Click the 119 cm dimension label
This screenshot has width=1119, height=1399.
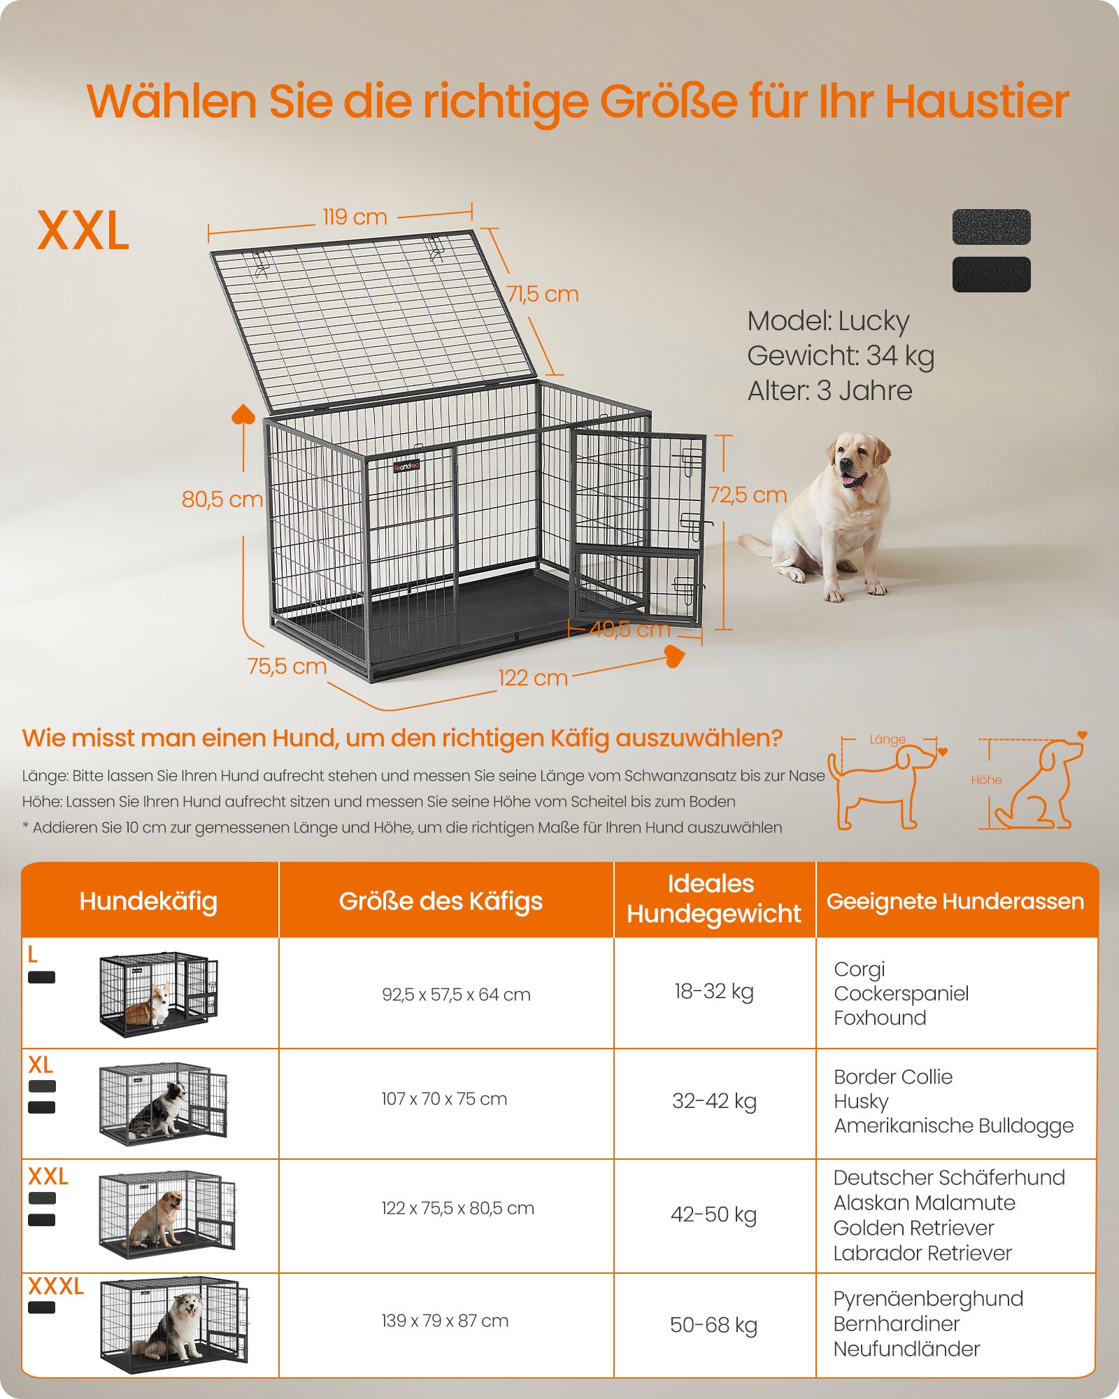click(x=355, y=217)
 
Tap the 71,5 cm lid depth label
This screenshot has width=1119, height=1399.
click(x=543, y=294)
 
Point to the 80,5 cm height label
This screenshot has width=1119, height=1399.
click(x=222, y=499)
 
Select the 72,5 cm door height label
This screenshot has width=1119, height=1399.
click(x=748, y=495)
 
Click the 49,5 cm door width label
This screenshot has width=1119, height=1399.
click(x=630, y=630)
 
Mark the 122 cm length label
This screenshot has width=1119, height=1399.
click(x=533, y=678)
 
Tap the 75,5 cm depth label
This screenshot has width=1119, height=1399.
click(x=287, y=667)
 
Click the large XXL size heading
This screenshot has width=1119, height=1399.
click(x=83, y=231)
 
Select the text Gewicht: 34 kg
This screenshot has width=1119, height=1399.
click(x=841, y=356)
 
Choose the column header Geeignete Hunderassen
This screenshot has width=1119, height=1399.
click(x=955, y=901)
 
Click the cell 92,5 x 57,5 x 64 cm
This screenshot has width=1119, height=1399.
click(x=456, y=995)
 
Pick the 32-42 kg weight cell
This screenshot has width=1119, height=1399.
click(x=714, y=1101)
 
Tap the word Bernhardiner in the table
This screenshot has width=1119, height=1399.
click(x=896, y=1323)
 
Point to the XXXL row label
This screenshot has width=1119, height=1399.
click(x=56, y=1286)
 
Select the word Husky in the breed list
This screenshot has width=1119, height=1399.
click(x=861, y=1101)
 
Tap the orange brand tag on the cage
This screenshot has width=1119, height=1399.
click(x=406, y=467)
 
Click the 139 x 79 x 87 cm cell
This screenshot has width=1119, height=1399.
click(x=445, y=1321)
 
